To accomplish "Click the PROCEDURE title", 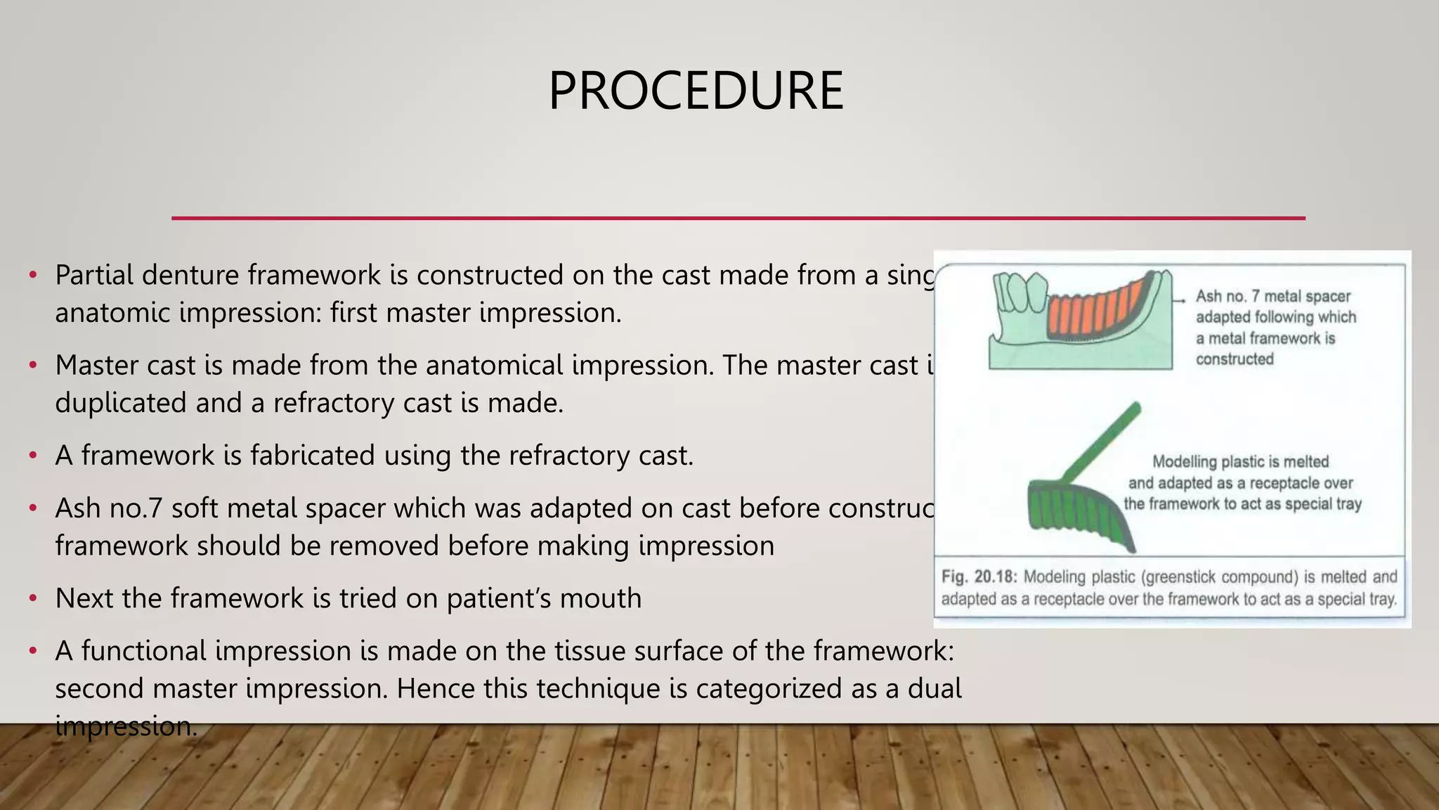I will [696, 91].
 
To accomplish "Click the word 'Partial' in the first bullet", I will [94, 275].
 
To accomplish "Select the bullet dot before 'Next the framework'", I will [32, 599].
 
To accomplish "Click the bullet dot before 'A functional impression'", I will [32, 652].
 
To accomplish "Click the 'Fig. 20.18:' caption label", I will [979, 577].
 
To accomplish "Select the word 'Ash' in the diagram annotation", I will [1209, 297].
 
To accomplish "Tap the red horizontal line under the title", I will [738, 218].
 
